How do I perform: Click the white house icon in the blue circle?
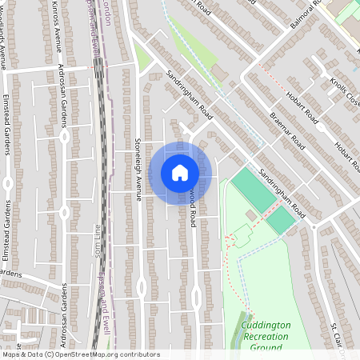[179, 173]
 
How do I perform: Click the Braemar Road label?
[287, 130]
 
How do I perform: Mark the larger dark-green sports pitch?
[253, 190]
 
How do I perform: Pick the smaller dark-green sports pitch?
[280, 221]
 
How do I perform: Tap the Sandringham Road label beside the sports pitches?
[282, 193]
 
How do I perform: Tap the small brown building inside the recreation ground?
[251, 215]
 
